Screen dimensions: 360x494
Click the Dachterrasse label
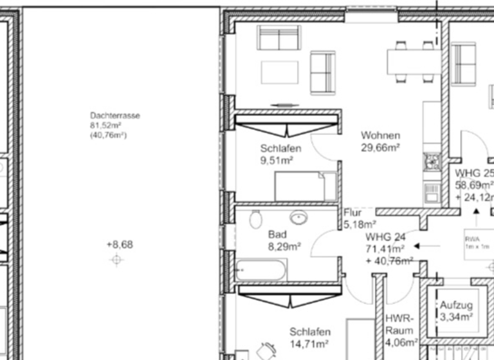point(115,116)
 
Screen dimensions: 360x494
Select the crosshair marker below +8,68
point(116,260)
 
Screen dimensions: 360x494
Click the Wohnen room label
point(380,136)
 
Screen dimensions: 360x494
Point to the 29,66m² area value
point(380,147)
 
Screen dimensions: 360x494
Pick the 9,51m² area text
point(277,160)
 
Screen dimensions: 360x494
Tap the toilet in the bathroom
point(255,219)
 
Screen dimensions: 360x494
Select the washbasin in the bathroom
point(298,217)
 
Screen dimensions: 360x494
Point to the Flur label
point(353,213)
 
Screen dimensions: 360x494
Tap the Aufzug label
point(456,305)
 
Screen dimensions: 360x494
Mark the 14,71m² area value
point(310,344)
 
